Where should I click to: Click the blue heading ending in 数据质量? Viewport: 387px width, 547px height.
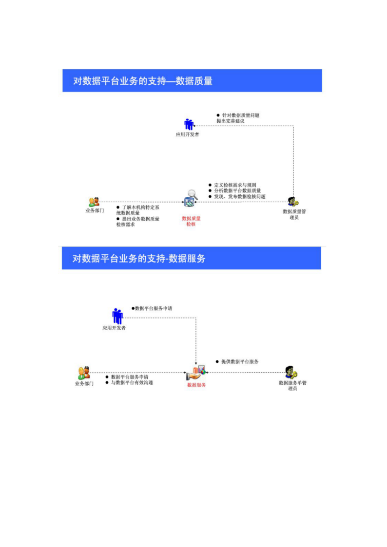pos(143,81)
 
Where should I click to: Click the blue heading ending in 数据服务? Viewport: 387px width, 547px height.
pos(139,259)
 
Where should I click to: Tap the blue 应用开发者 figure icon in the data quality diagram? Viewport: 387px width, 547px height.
pos(189,124)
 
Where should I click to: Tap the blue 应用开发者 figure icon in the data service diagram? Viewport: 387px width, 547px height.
pos(117,316)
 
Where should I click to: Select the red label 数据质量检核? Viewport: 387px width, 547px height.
pos(191,221)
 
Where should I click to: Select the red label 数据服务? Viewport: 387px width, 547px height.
pos(196,385)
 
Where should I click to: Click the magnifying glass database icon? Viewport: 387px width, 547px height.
pos(191,197)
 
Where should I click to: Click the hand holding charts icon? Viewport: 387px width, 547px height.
pos(196,373)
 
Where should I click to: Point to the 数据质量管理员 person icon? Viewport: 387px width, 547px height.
pos(293,202)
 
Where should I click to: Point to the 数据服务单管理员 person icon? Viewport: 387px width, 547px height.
pos(291,373)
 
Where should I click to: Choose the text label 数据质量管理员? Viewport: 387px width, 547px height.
pos(294,214)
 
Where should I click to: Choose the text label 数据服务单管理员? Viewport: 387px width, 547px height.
pos(292,385)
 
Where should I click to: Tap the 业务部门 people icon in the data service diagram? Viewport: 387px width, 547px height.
pos(84,373)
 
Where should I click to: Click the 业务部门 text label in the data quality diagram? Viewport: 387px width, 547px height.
pos(94,211)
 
